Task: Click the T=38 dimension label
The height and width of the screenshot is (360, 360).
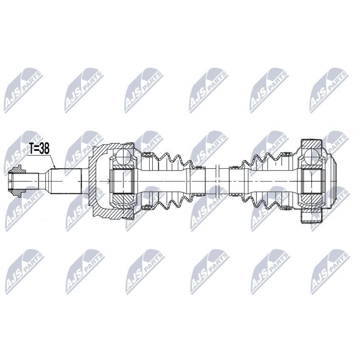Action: (39, 149)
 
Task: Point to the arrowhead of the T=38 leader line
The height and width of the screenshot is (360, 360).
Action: (54, 167)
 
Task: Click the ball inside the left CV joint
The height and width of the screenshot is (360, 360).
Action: (124, 157)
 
